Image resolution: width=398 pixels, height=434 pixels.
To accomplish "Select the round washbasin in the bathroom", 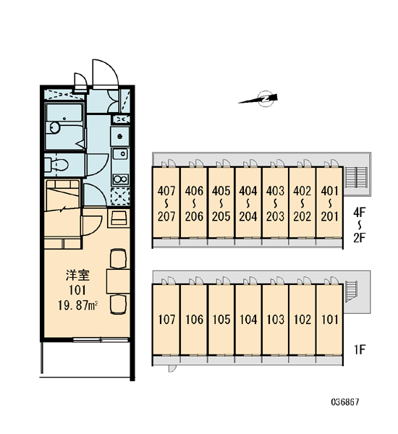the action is pos(55,128).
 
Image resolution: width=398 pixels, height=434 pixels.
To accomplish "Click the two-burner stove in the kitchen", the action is pos(120,179).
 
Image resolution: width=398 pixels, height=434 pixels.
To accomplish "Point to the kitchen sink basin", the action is pos(120,154).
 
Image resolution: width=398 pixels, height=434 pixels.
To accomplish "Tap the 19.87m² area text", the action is pos(78,305).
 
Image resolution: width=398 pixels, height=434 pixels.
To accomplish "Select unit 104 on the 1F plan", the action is pos(248,320).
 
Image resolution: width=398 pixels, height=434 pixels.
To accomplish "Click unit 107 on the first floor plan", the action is pos(166,320).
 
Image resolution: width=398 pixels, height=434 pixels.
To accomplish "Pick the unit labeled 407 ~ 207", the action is pos(166,203).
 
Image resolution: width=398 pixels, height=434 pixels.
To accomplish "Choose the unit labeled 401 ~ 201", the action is pos(329,203).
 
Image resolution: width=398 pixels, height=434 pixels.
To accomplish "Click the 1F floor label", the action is pos(360,349).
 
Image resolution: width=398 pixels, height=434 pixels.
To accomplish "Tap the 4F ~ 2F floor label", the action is pos(360,225).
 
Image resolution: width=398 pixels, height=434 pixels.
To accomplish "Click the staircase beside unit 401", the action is pos(357,177).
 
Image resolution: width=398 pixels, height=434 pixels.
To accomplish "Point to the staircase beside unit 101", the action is pos(351,291).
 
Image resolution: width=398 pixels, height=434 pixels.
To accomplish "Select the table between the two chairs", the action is pos(118,281).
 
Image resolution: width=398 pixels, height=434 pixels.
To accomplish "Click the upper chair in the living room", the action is pos(118,258).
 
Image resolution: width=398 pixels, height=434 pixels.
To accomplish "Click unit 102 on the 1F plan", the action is pos(302,320).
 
